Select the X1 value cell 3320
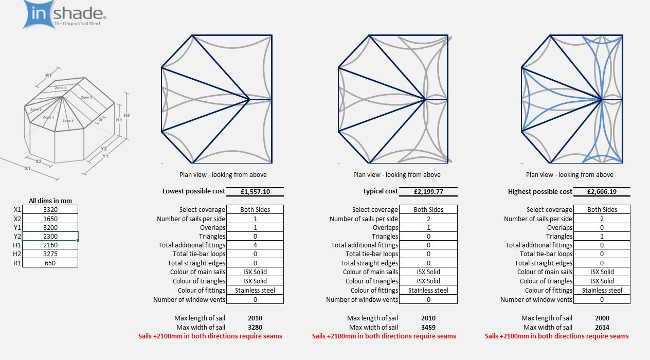click(50, 209)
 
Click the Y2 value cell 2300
click(50, 236)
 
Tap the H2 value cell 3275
click(50, 254)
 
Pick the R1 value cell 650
click(50, 263)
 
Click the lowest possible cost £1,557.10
click(255, 191)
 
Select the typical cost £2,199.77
click(428, 191)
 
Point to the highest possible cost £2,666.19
click(602, 191)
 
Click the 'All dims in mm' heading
click(50, 201)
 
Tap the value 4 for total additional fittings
click(255, 245)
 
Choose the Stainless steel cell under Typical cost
click(428, 290)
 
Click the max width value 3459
click(428, 327)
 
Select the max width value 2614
click(602, 327)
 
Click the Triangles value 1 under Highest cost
click(602, 237)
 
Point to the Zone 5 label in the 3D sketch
click(86, 97)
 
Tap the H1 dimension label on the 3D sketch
click(119, 120)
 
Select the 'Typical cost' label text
click(380, 191)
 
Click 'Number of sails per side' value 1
click(255, 219)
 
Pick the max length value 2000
click(602, 318)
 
